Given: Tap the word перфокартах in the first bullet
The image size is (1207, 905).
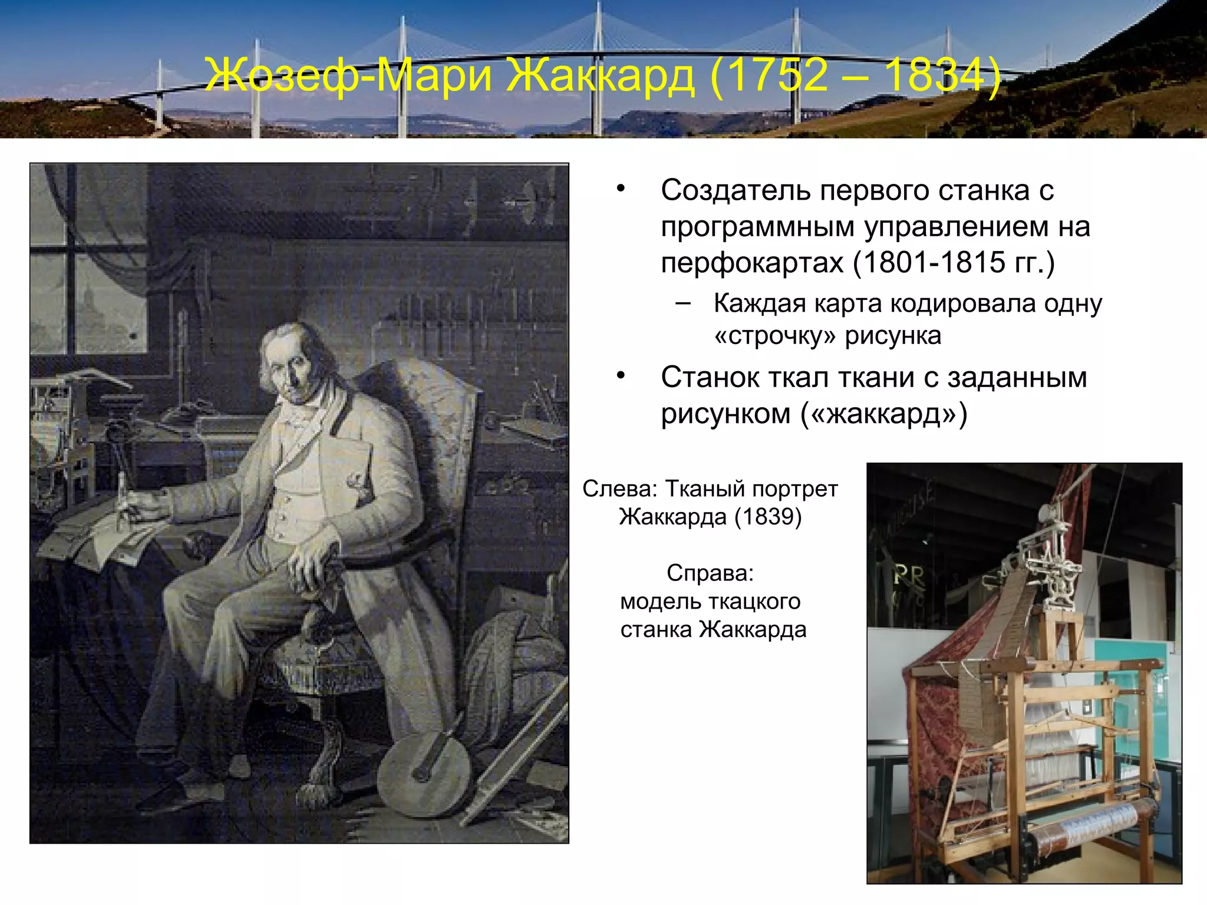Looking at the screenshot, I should pos(751,263).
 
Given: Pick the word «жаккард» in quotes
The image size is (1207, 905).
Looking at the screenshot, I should pos(883,414).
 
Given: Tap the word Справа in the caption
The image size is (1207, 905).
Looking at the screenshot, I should pos(710,573).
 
